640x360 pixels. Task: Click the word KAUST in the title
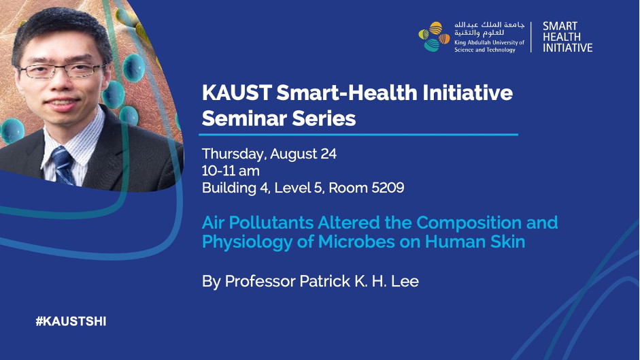point(237,93)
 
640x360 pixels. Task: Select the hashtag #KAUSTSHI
point(71,322)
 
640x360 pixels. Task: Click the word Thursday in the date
point(234,154)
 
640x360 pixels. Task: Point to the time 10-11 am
point(231,171)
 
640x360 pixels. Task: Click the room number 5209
point(386,188)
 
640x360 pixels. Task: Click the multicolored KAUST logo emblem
point(434,36)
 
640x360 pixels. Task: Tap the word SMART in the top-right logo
point(560,26)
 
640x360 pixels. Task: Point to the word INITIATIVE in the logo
point(567,48)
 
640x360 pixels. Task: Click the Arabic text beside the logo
point(489,29)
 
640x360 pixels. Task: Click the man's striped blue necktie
point(63,165)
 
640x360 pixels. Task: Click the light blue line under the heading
point(358,134)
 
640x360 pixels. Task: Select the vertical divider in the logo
point(531,37)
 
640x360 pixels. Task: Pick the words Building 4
point(235,188)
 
